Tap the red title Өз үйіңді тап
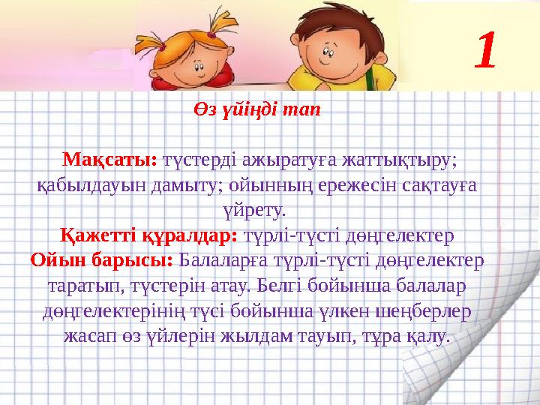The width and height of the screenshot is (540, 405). (x=256, y=109)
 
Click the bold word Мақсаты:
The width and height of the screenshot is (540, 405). (x=109, y=159)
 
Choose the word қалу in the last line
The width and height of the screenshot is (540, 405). (x=428, y=336)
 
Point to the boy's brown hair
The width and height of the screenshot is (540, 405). (x=330, y=15)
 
